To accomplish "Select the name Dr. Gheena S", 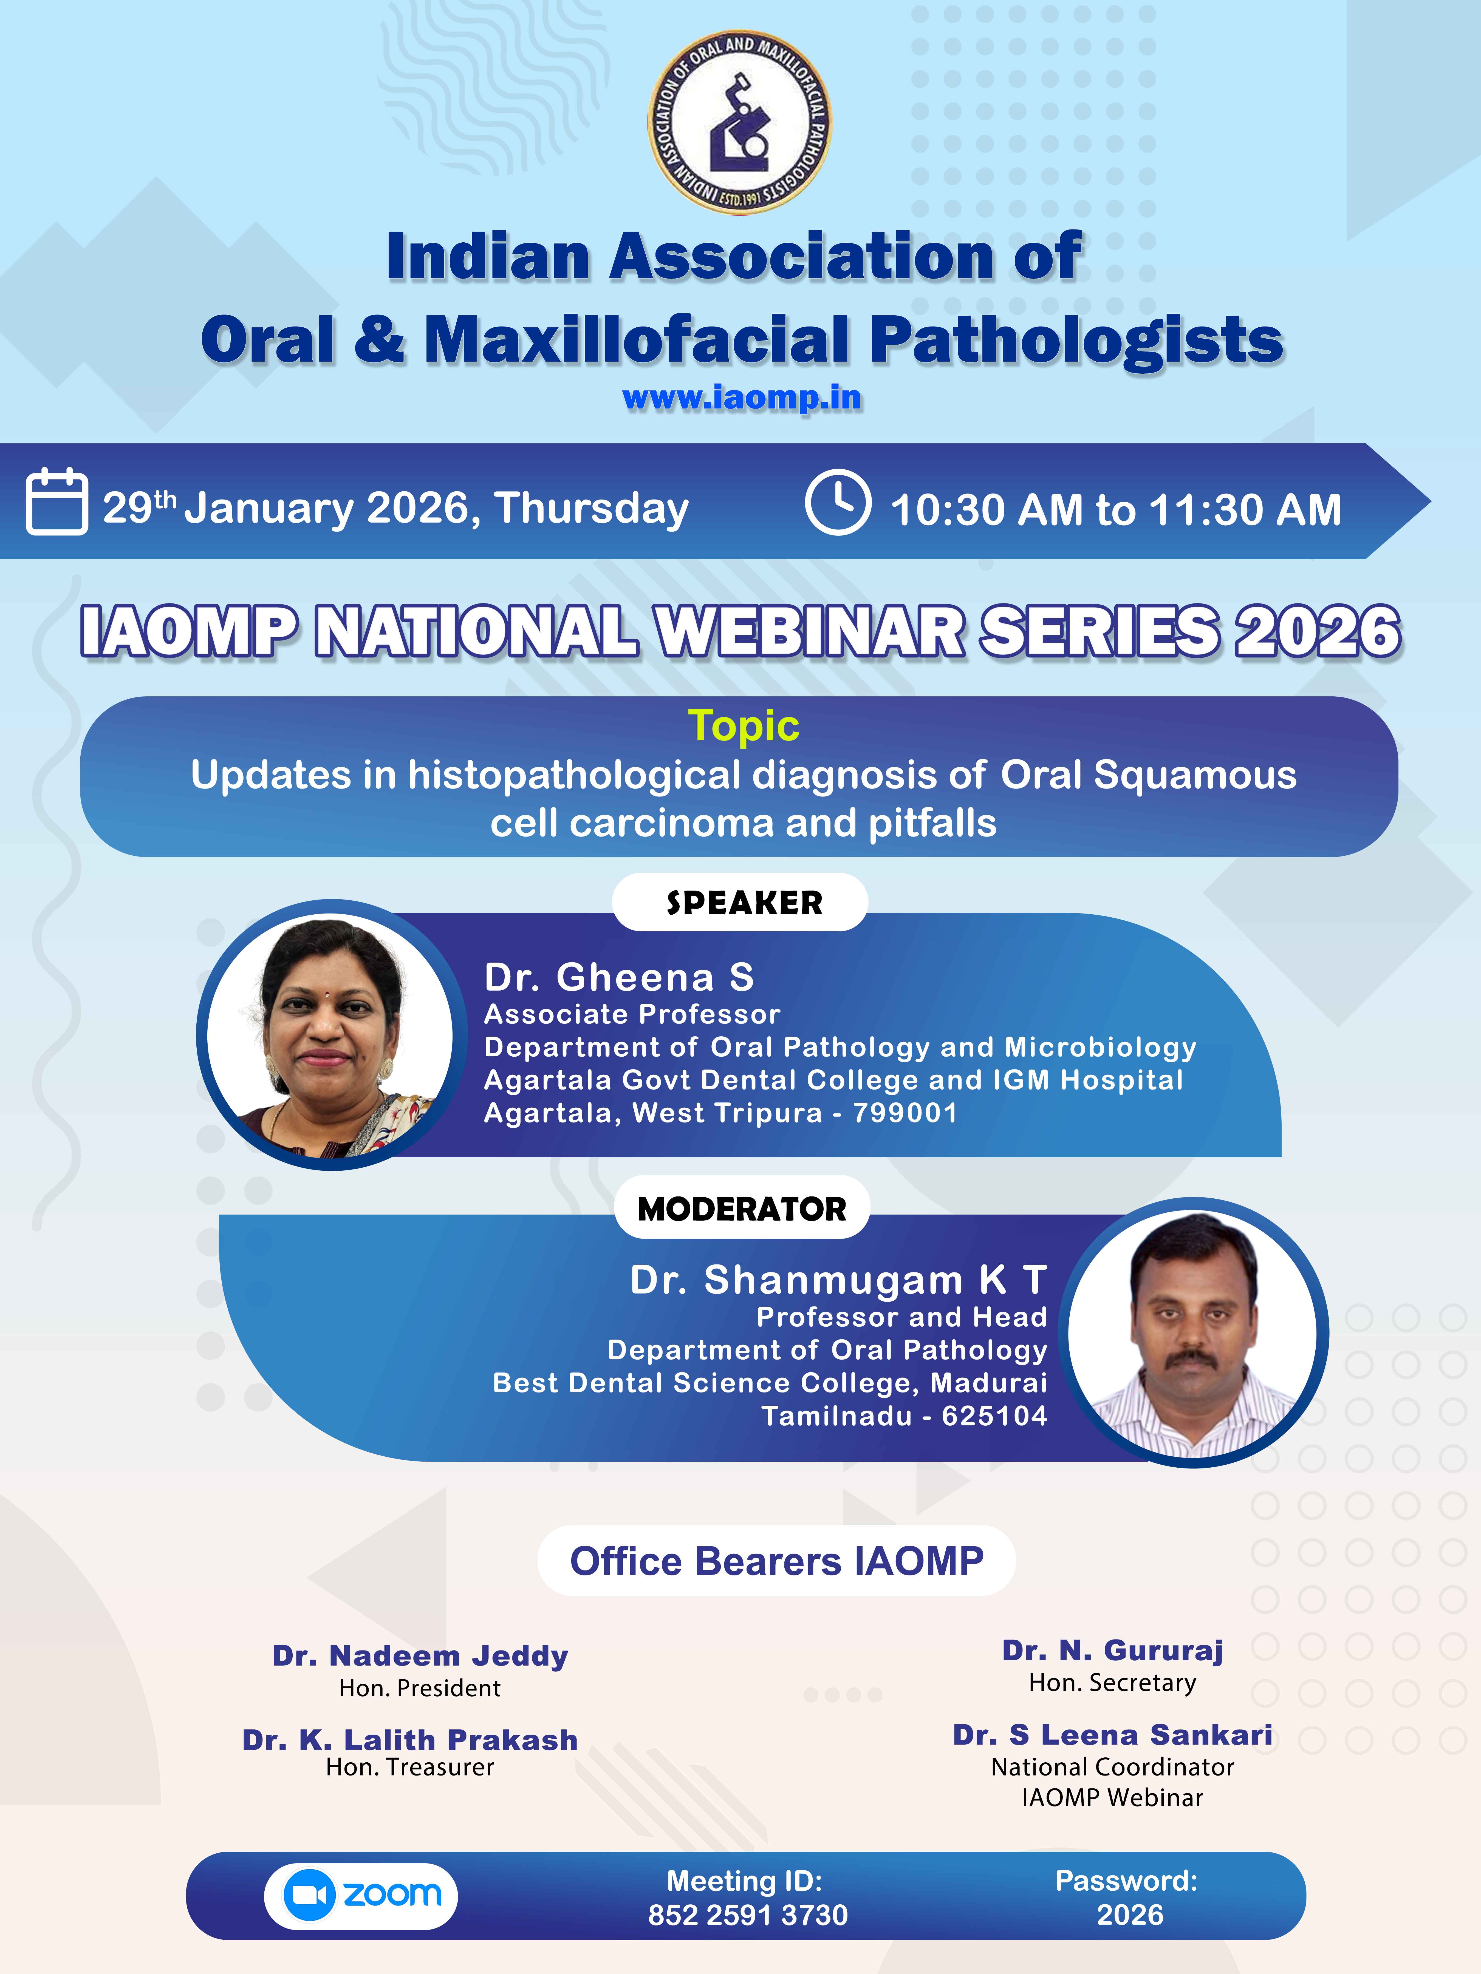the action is point(619,977).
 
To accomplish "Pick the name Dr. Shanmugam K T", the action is point(838,1280).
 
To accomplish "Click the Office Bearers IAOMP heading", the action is point(777,1561).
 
